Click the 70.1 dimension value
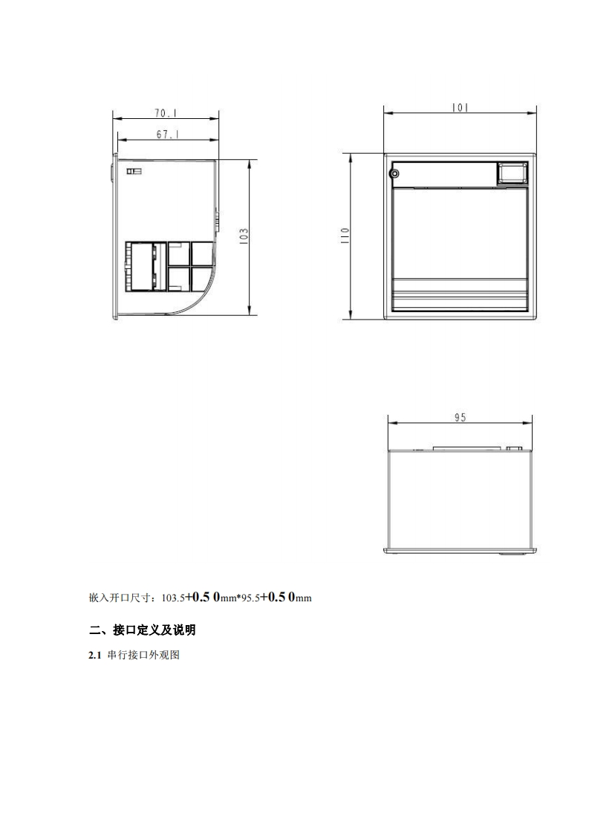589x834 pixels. point(166,114)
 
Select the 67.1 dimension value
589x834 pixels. point(166,135)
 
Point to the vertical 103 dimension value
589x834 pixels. point(244,235)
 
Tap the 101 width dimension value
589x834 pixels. point(460,108)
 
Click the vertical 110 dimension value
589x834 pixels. point(345,235)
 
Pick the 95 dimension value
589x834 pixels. point(460,418)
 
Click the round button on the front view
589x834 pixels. point(394,174)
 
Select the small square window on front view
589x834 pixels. point(512,173)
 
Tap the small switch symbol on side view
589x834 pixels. point(134,172)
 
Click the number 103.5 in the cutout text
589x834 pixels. point(172,597)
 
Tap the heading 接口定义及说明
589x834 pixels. point(154,631)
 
